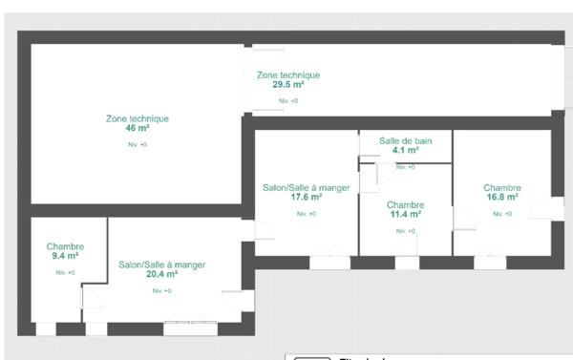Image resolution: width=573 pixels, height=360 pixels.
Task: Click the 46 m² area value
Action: point(137,128)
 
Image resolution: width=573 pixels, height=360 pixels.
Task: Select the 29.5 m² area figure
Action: point(287,84)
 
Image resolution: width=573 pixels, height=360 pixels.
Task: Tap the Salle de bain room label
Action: point(405,140)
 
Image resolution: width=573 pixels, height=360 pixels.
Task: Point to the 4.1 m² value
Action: point(405,150)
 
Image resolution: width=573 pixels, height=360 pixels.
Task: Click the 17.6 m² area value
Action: point(306,197)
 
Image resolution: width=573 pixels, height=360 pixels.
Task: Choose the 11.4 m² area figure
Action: point(405,214)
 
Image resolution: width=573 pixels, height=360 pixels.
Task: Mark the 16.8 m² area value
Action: point(501,197)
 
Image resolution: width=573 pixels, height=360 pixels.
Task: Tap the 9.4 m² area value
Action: point(65,256)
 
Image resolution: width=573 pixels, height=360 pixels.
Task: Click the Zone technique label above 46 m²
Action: point(137,118)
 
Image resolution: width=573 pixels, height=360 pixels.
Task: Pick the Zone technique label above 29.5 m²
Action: point(287,74)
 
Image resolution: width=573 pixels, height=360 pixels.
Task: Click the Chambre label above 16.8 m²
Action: point(501,187)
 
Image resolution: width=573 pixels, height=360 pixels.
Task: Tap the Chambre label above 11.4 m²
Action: point(405,204)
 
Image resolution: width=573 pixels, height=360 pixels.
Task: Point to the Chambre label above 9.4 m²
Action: point(65,246)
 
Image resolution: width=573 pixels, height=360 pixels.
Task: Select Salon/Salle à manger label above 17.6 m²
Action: point(306,187)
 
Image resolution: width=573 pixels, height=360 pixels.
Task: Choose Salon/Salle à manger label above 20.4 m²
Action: point(161,264)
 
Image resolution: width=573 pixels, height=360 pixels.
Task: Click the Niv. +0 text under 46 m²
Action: point(137,144)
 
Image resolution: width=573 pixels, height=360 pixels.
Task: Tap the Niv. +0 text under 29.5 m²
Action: point(287,100)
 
